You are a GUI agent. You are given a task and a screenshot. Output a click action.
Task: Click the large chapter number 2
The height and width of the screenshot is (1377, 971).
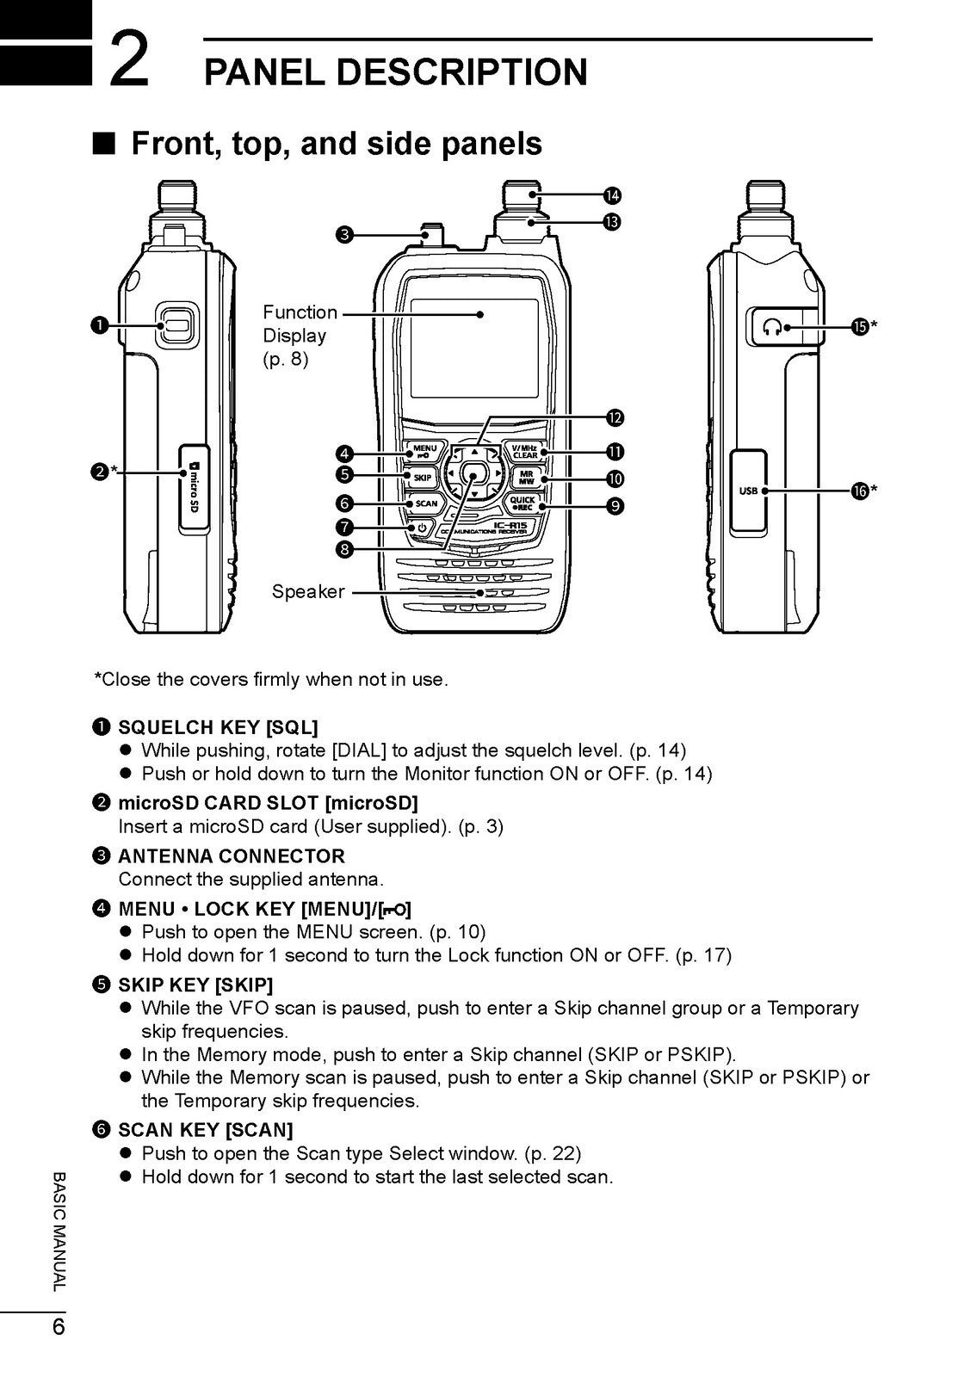click(x=131, y=64)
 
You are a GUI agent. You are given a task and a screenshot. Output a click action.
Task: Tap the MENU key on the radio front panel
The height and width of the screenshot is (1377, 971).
click(x=424, y=451)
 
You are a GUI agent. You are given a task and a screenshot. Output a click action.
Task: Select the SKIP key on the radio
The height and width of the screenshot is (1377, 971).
click(x=422, y=477)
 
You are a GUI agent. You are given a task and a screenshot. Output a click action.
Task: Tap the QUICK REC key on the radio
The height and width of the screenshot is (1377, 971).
click(x=523, y=503)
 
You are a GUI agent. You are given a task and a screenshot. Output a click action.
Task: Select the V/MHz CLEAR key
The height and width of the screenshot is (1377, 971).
click(x=524, y=451)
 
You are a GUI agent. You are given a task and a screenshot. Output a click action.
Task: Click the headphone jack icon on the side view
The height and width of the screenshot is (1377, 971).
click(x=773, y=327)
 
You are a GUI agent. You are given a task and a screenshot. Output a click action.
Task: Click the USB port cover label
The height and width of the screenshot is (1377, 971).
click(x=748, y=491)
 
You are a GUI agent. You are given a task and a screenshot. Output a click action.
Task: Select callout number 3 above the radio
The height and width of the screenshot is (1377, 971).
click(x=344, y=234)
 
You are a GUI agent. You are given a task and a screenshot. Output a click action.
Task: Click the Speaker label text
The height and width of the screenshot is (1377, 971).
click(x=307, y=592)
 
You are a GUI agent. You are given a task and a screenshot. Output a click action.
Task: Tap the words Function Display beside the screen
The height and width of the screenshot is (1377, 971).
click(x=299, y=324)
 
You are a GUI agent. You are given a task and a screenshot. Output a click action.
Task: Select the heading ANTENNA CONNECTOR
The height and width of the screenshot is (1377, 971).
click(x=231, y=856)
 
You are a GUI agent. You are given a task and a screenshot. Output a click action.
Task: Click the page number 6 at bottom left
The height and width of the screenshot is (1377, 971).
click(x=58, y=1326)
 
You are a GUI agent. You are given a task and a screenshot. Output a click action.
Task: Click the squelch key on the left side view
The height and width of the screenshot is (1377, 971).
click(x=176, y=325)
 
